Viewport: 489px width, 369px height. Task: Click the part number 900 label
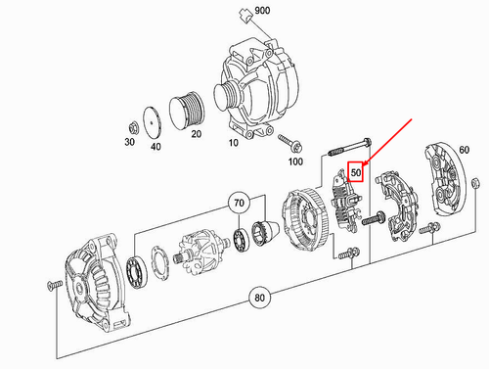[262, 12]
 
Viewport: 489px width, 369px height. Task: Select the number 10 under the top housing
[233, 142]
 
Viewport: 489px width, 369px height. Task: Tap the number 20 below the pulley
[196, 134]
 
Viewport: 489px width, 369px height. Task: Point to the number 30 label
[131, 142]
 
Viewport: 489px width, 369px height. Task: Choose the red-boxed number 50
[357, 173]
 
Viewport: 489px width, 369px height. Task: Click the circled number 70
[239, 205]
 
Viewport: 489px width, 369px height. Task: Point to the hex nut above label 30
[132, 125]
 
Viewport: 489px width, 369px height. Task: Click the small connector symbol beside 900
[244, 13]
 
